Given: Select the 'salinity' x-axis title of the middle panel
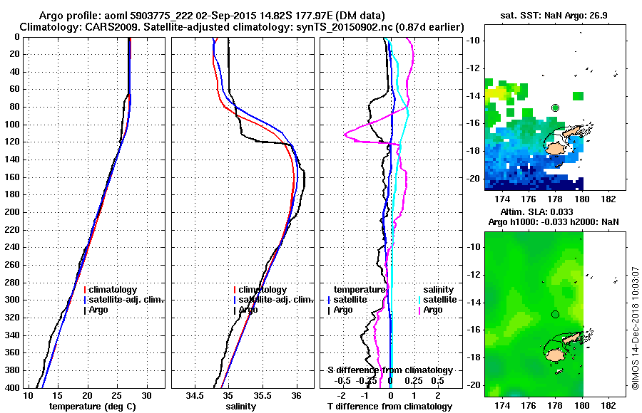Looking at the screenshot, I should tap(240, 406).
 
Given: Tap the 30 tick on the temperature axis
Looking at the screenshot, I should tap(146, 394).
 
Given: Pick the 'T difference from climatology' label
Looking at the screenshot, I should tap(389, 406).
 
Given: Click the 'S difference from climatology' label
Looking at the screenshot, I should tap(389, 370).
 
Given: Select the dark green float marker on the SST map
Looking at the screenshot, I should tap(556, 108).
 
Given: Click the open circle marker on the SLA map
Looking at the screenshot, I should tap(556, 314).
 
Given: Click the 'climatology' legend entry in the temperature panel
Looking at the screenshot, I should tap(111, 290).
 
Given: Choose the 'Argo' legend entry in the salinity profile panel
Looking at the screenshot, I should tap(248, 310).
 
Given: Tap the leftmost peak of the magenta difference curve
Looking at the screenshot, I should tap(345, 133).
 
